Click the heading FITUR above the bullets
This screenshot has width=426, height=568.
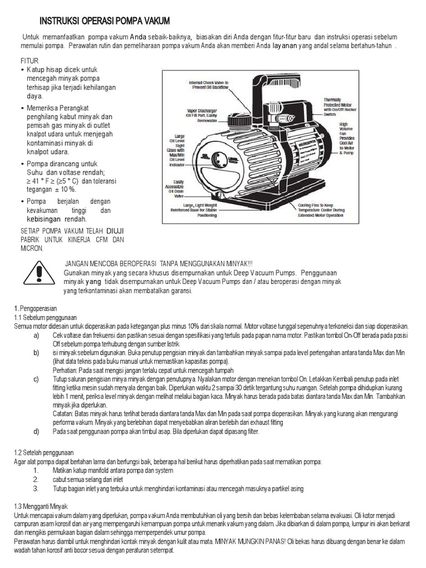click(x=30, y=60)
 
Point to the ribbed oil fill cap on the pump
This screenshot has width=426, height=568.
click(x=241, y=120)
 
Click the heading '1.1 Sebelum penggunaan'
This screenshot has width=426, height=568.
click(x=37, y=317)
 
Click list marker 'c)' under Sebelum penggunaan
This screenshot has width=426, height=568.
click(x=36, y=379)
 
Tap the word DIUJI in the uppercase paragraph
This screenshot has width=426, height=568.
click(x=115, y=230)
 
